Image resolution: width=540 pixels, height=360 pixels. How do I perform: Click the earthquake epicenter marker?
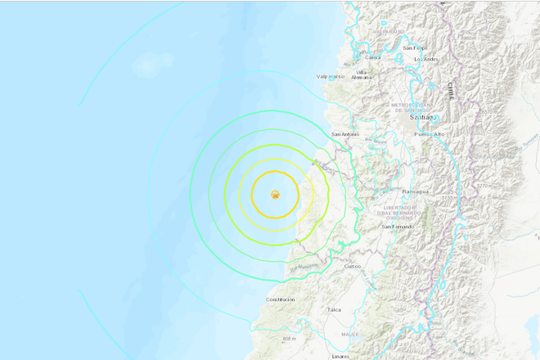click(x=276, y=195)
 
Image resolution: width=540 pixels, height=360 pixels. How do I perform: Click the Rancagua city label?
click(x=415, y=191)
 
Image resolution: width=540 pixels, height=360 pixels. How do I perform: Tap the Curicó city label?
click(x=352, y=266)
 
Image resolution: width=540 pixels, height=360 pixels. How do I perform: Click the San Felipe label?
click(x=425, y=46)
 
